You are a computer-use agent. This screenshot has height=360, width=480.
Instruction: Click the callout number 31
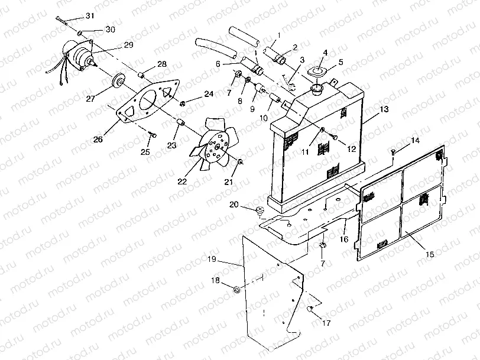[89, 15]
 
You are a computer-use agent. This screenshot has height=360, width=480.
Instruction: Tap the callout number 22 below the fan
[182, 181]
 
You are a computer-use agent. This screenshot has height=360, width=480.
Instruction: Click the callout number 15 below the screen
[429, 254]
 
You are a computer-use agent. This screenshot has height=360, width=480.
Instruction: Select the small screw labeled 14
[393, 153]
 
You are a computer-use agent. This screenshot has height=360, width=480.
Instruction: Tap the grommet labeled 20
[260, 210]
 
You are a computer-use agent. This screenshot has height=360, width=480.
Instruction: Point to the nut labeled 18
[237, 289]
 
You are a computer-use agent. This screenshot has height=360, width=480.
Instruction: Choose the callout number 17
[326, 323]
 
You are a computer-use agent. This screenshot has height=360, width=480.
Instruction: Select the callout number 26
[98, 139]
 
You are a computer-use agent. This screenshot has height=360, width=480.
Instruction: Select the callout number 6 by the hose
[218, 64]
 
